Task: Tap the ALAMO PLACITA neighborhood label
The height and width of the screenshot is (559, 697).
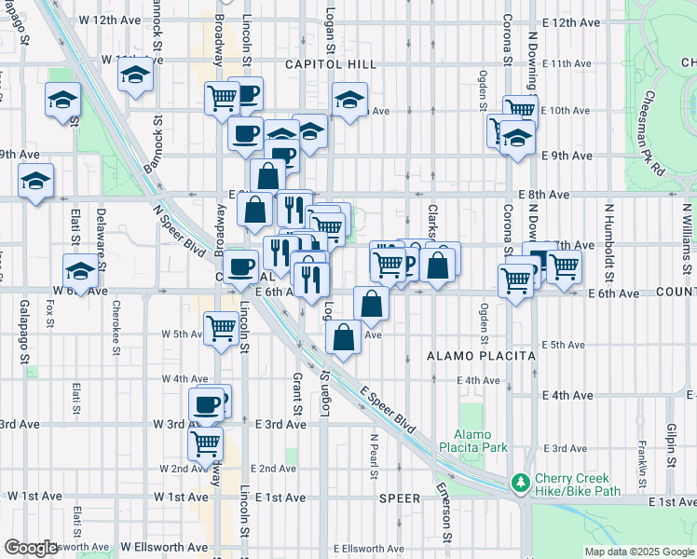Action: (x=481, y=356)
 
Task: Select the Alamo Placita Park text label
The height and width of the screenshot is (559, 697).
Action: (x=480, y=441)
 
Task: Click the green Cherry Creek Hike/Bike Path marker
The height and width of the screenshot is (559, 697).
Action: (x=520, y=483)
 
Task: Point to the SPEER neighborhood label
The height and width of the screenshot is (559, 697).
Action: (x=400, y=498)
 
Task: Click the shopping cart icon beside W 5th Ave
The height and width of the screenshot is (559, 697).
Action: (x=221, y=327)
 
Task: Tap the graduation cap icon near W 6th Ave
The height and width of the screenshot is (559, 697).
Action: (x=80, y=271)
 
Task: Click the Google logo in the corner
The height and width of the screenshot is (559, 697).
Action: (x=30, y=548)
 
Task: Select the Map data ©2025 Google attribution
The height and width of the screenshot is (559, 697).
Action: (x=638, y=552)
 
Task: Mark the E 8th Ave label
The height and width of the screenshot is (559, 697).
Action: (x=545, y=196)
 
